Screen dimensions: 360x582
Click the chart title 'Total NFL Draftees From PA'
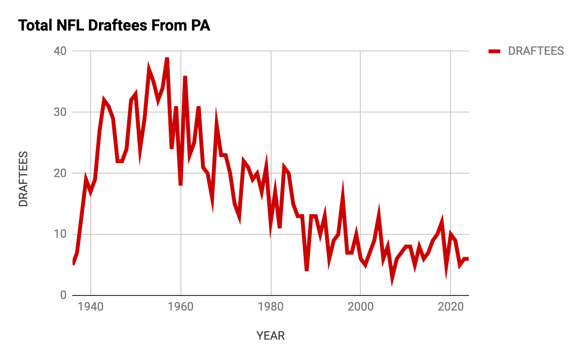tap(114, 26)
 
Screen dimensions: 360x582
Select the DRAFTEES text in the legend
tap(535, 51)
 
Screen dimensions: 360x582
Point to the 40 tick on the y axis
tap(61, 51)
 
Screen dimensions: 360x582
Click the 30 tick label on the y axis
tap(61, 112)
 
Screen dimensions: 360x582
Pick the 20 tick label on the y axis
tap(61, 173)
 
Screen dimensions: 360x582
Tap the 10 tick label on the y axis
tap(61, 234)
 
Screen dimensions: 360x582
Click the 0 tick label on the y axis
tap(64, 295)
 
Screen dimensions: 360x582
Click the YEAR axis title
tap(271, 336)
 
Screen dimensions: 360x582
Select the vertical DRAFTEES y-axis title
tap(23, 180)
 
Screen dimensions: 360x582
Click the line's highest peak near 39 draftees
tap(167, 58)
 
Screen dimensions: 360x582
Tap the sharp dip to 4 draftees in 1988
tap(307, 270)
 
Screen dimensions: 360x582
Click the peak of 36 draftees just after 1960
tap(185, 77)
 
